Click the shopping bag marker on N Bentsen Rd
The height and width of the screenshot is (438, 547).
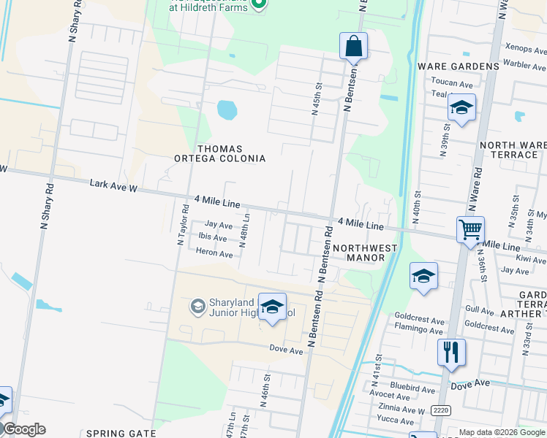pos(353,46)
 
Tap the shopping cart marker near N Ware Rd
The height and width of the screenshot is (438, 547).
pos(470,230)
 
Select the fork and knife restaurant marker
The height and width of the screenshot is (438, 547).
pos(451,353)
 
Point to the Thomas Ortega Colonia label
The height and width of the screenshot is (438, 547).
pos(219,153)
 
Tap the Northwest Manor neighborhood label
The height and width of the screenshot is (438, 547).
pos(365,253)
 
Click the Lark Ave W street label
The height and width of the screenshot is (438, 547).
pos(113,185)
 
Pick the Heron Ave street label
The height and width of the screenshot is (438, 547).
pos(214,253)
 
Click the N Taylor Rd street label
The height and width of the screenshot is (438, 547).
pos(183,224)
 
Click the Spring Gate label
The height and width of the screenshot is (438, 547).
pos(121,433)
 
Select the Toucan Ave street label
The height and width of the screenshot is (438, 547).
pos(452,83)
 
